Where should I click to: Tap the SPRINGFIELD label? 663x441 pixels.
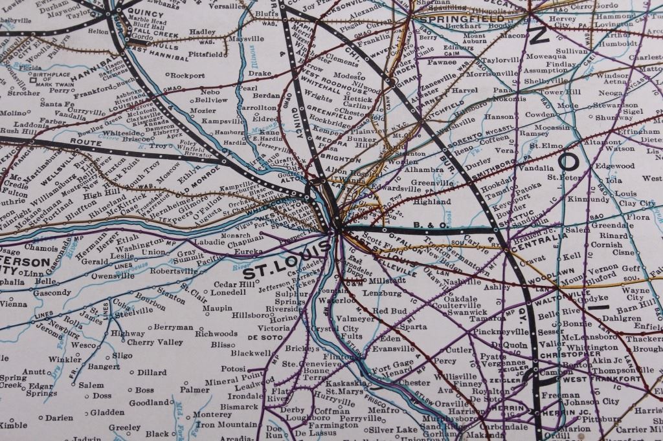(x=453, y=20)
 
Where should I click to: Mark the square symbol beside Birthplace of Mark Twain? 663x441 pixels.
(x=32, y=81)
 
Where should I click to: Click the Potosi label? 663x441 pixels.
(x=232, y=368)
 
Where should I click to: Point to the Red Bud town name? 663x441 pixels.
(x=389, y=311)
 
